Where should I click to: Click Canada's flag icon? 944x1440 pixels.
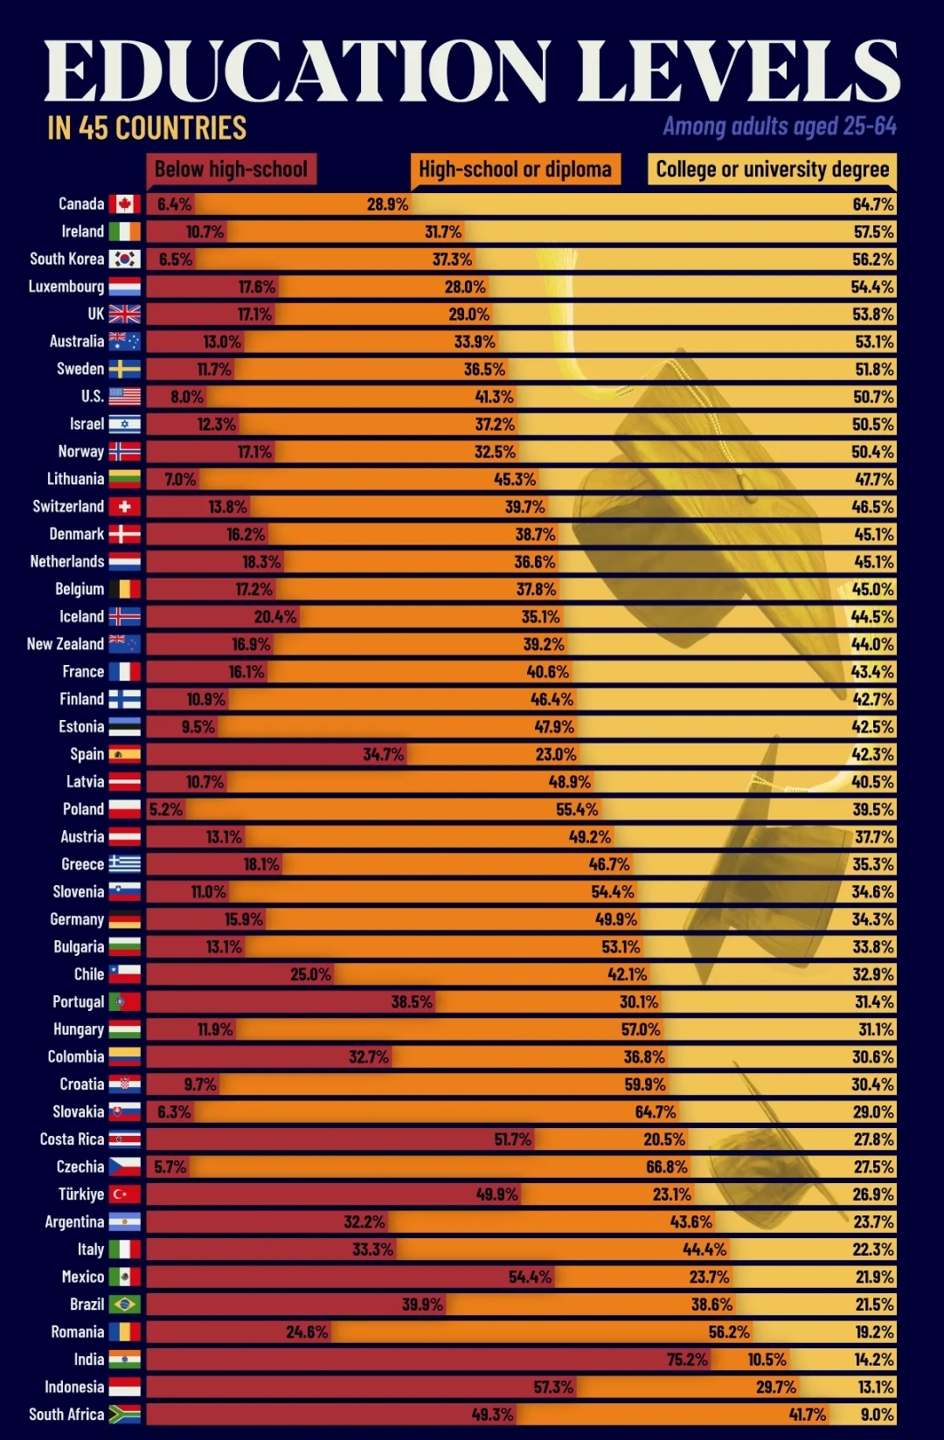pyautogui.click(x=124, y=204)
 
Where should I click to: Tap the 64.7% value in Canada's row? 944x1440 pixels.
pyautogui.click(x=873, y=204)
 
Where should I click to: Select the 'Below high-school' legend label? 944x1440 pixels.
pyautogui.click(x=231, y=170)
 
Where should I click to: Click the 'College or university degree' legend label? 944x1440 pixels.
pyautogui.click(x=773, y=170)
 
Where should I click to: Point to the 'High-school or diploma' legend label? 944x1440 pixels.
pyautogui.click(x=515, y=170)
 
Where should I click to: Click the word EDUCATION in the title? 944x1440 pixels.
pyautogui.click(x=298, y=72)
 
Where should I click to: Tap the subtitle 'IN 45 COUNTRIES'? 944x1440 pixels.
pyautogui.click(x=147, y=128)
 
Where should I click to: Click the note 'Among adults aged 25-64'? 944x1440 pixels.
pyautogui.click(x=780, y=127)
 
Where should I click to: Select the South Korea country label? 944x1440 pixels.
pyautogui.click(x=66, y=260)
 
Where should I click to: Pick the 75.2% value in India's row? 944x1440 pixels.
pyautogui.click(x=687, y=1360)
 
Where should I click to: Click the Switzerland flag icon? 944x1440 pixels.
pyautogui.click(x=124, y=507)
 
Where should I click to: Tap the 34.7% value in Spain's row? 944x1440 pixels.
pyautogui.click(x=384, y=754)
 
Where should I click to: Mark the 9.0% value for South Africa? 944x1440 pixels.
pyautogui.click(x=877, y=1415)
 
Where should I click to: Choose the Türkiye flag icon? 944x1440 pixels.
pyautogui.click(x=124, y=1194)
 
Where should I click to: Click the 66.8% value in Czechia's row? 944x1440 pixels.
pyautogui.click(x=667, y=1167)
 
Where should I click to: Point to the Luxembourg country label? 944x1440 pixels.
pyautogui.click(x=66, y=287)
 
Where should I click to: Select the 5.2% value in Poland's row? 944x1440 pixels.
pyautogui.click(x=166, y=809)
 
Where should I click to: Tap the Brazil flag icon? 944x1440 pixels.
pyautogui.click(x=124, y=1305)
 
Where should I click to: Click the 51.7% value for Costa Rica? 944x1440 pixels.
pyautogui.click(x=512, y=1139)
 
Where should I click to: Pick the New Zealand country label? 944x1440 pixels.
pyautogui.click(x=65, y=644)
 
